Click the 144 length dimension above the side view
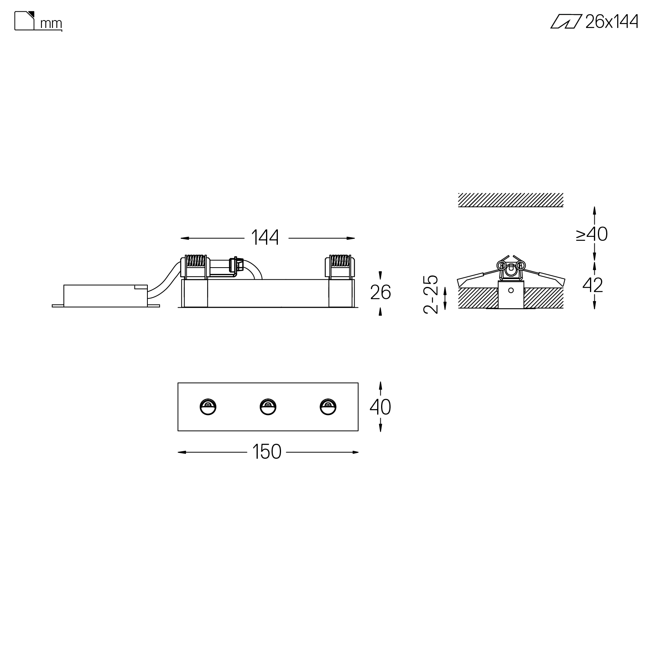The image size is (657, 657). pos(265,238)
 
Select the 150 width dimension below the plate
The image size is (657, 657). pos(267,452)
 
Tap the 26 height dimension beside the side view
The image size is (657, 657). pos(380,292)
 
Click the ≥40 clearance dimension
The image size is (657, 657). pos(592,234)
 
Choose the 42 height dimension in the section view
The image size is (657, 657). pos(593,285)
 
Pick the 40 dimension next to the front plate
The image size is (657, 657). pos(380,407)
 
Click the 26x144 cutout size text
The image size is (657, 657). pos(612,22)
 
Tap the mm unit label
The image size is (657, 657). pos(51,24)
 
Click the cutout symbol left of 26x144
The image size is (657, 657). pos(566,22)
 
